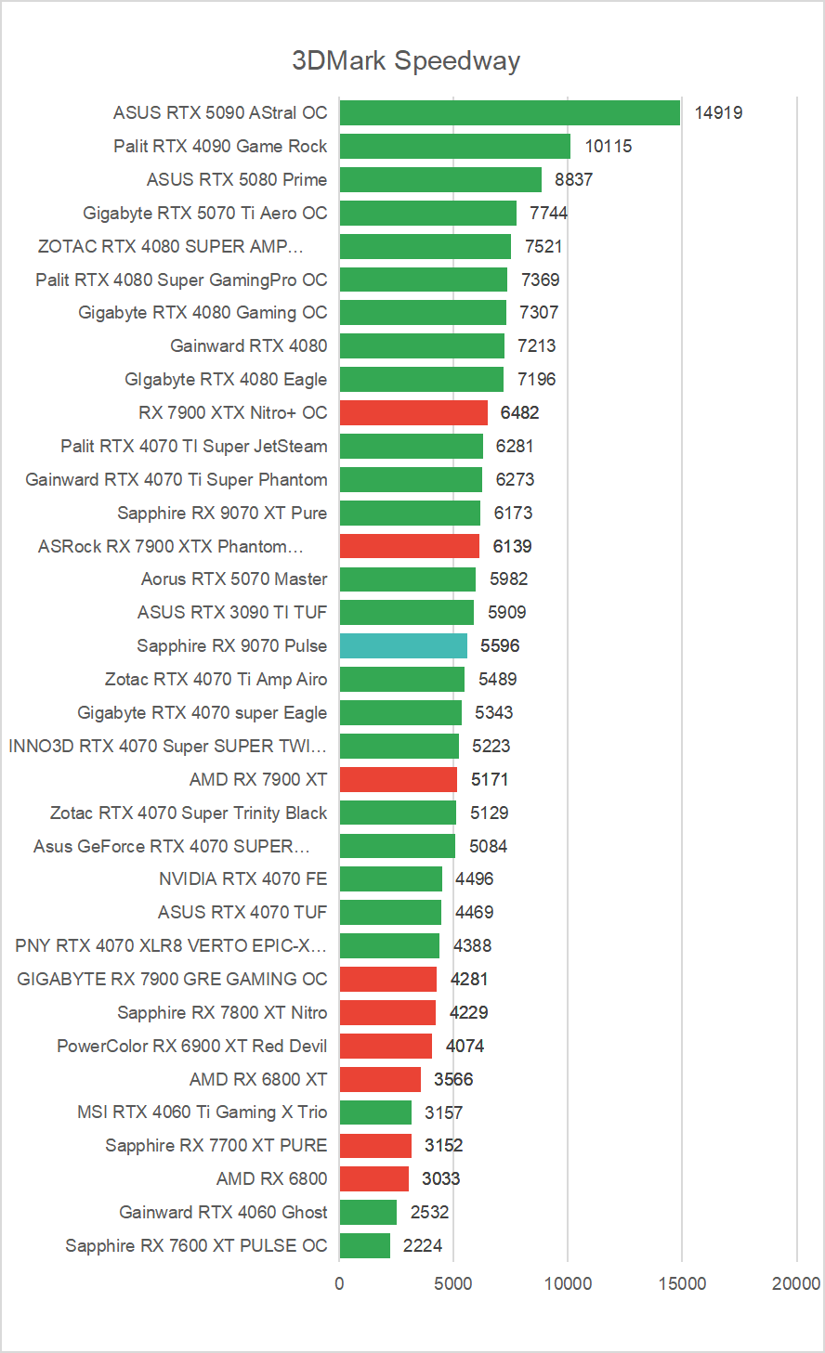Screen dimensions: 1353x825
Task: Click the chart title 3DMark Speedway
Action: coord(406,61)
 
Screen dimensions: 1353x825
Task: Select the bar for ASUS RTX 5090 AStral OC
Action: coord(510,113)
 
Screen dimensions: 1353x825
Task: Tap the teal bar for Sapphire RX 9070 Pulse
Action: coord(403,646)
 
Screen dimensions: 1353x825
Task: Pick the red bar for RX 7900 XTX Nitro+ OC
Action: coord(413,412)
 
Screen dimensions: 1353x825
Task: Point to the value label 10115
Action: coord(609,147)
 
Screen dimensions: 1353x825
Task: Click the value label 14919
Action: coord(718,113)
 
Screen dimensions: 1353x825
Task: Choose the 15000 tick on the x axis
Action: coord(682,1284)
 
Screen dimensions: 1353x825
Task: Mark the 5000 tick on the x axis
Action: coord(453,1284)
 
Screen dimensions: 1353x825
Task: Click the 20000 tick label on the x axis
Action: coord(796,1284)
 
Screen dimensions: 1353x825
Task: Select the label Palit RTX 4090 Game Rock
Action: coord(220,147)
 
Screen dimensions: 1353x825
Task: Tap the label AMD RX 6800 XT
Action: coord(258,1080)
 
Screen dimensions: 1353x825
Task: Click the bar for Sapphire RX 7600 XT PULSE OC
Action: coord(365,1246)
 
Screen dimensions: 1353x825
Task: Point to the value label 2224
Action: coord(423,1246)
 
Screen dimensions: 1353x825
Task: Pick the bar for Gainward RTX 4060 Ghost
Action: coord(368,1213)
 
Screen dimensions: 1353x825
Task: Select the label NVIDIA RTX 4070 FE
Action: coord(242,879)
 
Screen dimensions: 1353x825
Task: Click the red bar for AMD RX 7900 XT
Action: coord(399,780)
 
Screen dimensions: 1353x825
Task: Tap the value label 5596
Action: coord(500,646)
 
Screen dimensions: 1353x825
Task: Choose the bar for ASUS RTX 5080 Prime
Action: coord(440,180)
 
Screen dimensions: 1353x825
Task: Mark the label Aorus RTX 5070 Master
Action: coord(234,579)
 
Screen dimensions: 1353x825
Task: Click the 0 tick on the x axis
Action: coord(339,1284)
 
